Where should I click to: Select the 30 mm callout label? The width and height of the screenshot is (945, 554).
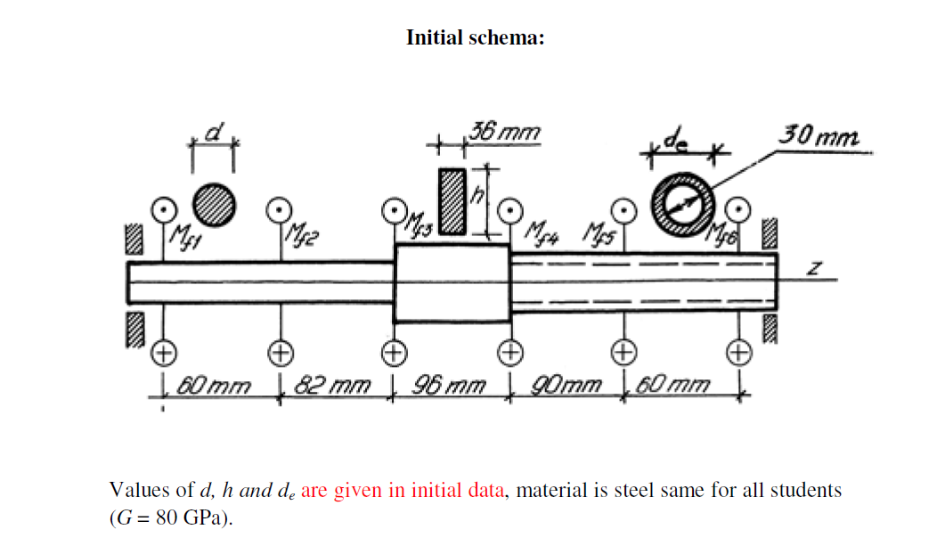tap(819, 137)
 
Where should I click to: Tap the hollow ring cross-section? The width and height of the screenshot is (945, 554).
tap(683, 201)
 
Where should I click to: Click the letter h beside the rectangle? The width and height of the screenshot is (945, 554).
tap(477, 200)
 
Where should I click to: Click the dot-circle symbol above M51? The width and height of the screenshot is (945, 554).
tap(162, 208)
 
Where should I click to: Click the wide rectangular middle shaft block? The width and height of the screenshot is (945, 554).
tap(452, 283)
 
